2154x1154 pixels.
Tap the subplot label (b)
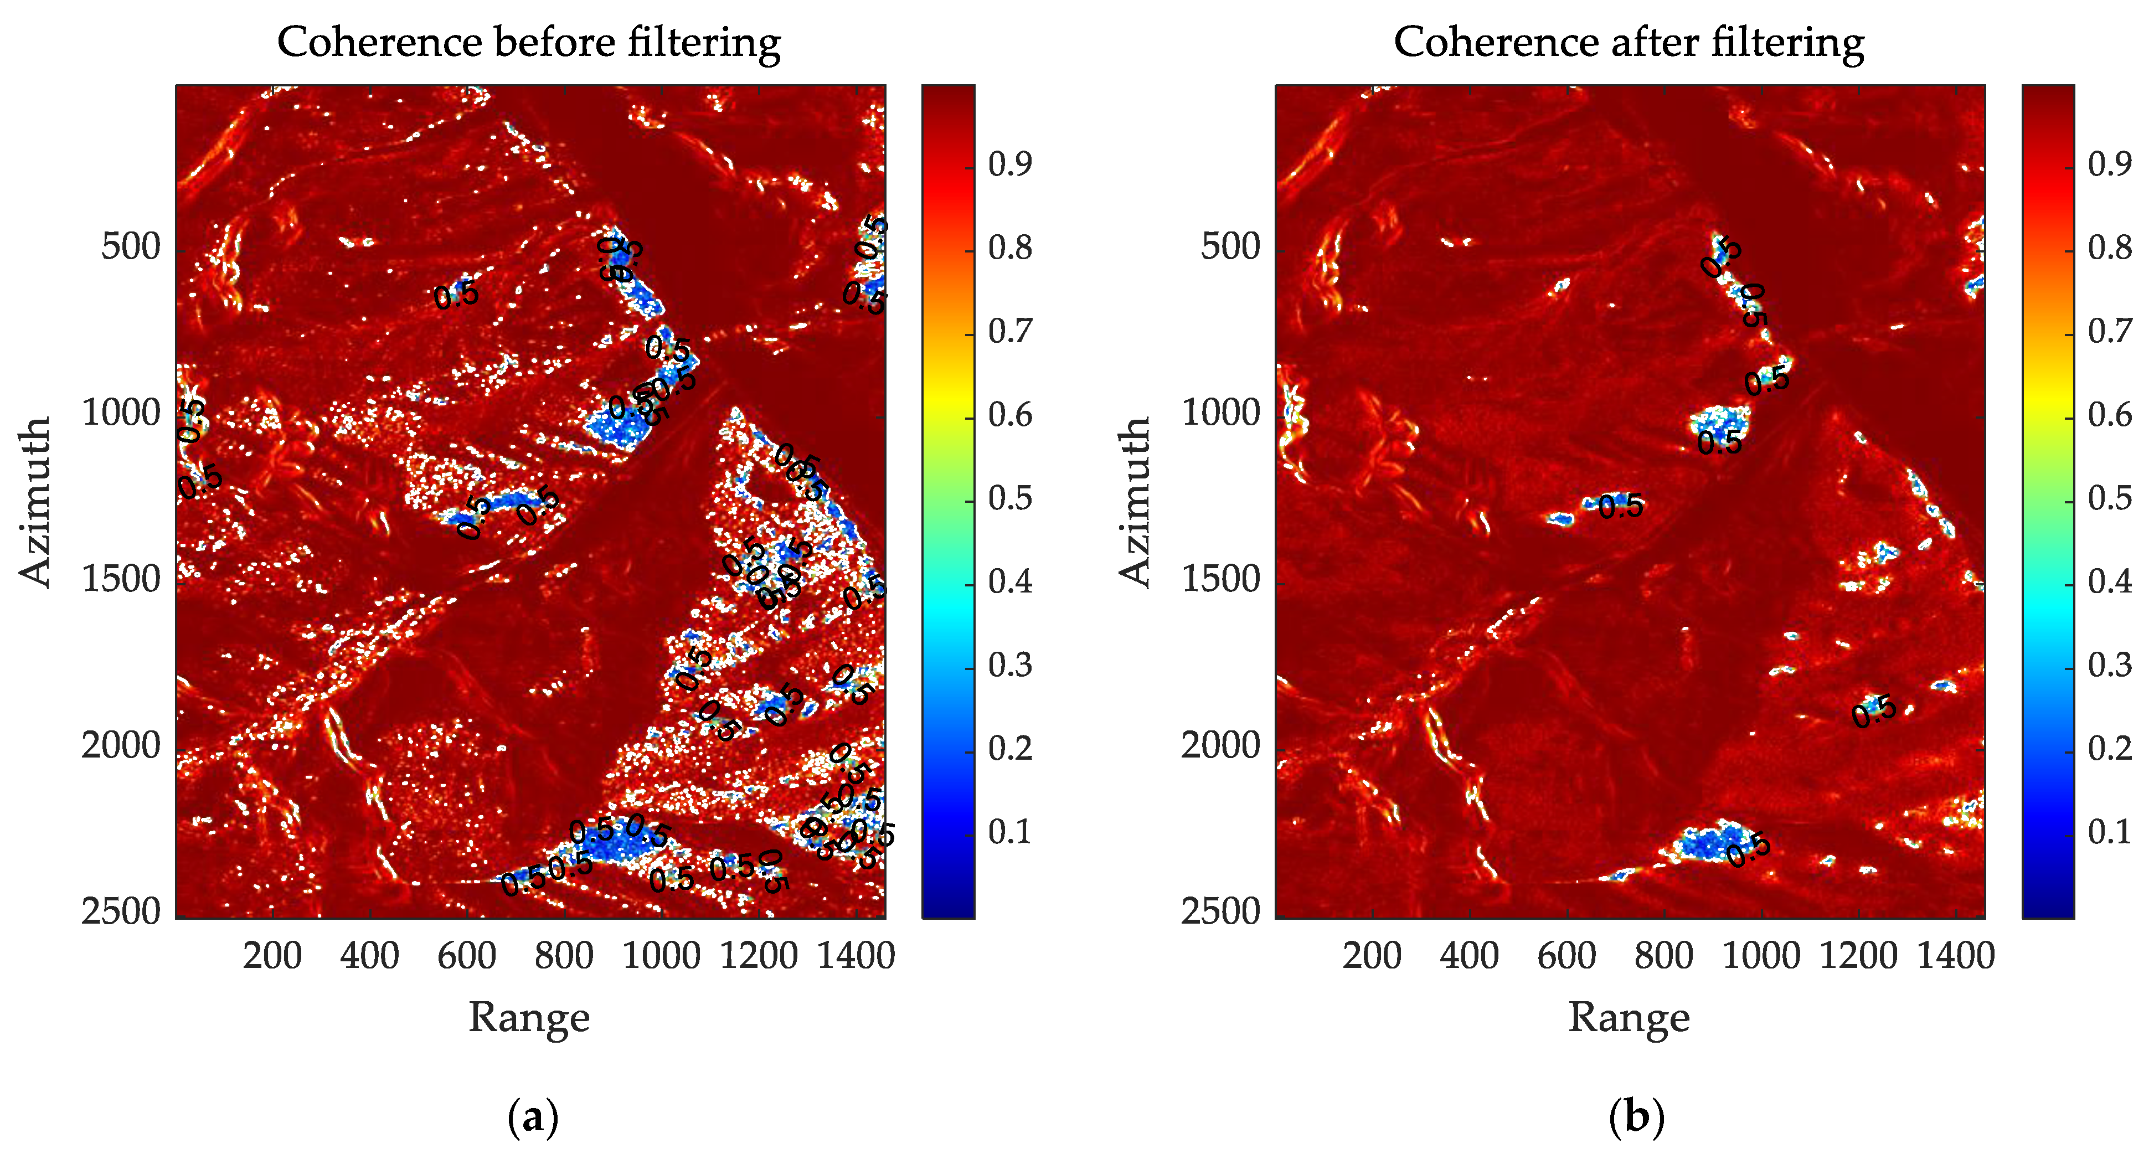click(1636, 1117)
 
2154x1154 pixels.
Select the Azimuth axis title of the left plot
click(35, 502)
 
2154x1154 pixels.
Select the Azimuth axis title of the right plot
click(1135, 502)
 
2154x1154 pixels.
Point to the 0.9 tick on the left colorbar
click(1010, 164)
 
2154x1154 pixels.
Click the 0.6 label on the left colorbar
click(1010, 415)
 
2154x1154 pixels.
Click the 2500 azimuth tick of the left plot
click(121, 911)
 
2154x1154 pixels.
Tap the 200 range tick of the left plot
click(272, 955)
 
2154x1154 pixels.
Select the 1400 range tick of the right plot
click(1956, 955)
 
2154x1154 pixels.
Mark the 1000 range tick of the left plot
click(661, 955)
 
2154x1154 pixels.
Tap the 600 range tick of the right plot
click(1566, 955)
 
